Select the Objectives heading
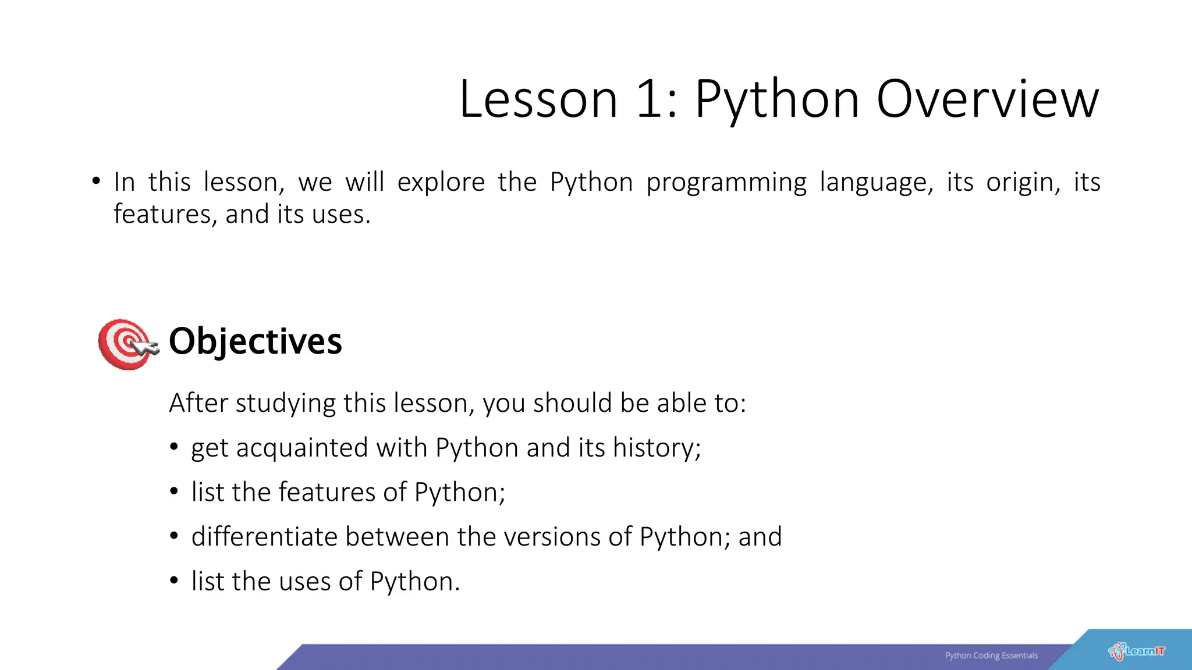255,341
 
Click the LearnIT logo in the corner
1137,651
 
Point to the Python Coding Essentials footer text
991,655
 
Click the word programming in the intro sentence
726,183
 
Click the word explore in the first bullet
441,182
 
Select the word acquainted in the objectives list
302,448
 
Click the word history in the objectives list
656,448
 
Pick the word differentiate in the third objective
264,537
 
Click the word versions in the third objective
552,537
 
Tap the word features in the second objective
327,493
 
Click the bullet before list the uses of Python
173,580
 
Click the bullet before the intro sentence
95,181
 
